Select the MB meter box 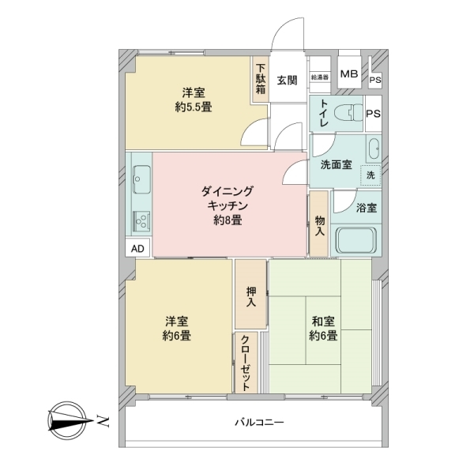tap(348, 75)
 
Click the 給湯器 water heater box tap(319, 77)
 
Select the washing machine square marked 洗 tap(370, 174)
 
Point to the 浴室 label tap(366, 208)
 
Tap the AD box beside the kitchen tap(137, 249)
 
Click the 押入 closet tap(251, 295)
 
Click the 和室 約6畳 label tap(323, 329)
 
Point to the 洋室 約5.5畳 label tap(193, 100)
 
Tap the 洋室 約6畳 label tap(176, 329)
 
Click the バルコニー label tap(259, 423)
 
